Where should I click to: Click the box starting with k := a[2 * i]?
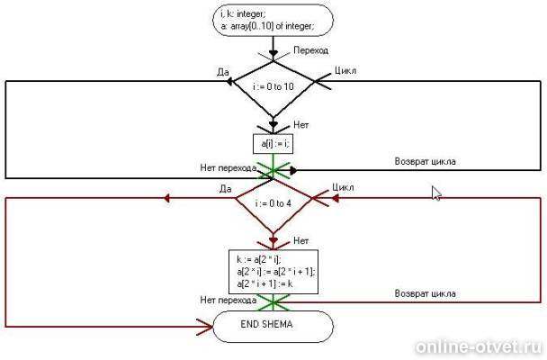(273, 272)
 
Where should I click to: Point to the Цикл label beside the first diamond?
(347, 69)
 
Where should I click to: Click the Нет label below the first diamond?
(302, 125)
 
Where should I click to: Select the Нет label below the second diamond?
(302, 241)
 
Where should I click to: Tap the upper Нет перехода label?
(228, 166)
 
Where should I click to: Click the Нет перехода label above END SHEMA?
(228, 299)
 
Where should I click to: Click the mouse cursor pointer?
(435, 192)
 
